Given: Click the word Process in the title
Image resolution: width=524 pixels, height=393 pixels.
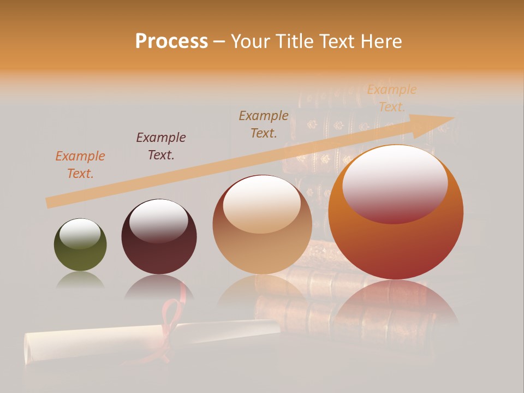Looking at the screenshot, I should (171, 41).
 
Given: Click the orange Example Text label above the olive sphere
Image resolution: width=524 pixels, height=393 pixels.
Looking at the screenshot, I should (80, 164).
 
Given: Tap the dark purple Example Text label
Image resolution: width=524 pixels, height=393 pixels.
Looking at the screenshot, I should (161, 146).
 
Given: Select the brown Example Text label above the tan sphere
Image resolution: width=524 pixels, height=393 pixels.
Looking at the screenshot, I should (264, 124).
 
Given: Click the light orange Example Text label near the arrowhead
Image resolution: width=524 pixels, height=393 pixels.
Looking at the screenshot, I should (391, 98).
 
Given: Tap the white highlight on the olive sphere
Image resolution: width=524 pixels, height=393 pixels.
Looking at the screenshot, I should (80, 234).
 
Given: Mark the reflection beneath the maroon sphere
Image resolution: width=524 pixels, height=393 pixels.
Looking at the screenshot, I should (159, 288).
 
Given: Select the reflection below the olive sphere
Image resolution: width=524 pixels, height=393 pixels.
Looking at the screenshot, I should (80, 281).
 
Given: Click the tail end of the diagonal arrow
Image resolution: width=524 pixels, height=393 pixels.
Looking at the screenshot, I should (50, 203).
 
